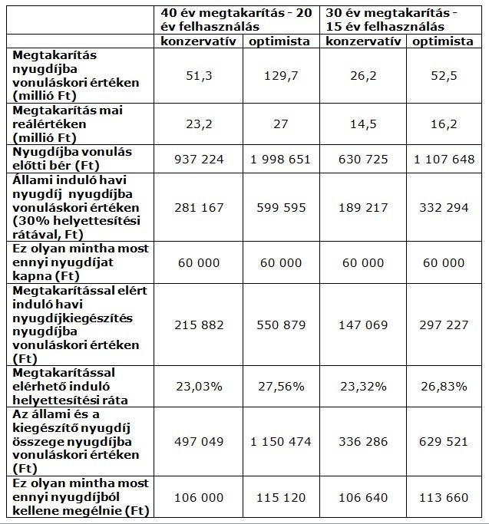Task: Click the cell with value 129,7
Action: coord(281,76)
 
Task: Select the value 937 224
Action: coord(199,159)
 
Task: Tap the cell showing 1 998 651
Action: coord(281,159)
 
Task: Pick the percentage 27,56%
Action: coord(281,387)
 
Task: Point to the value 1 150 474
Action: coord(281,441)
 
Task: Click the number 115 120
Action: coord(281,498)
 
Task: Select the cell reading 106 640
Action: coord(363,498)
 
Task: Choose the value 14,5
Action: coord(363,124)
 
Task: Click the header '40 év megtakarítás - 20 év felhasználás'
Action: coord(236,20)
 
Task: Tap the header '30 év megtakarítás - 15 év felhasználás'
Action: coord(392,20)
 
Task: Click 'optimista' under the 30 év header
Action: coord(443,41)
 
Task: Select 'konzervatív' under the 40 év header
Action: coord(198,41)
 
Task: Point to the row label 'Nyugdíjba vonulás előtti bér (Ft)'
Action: coord(72,159)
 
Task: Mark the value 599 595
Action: coord(281,207)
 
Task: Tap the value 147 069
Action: coord(363,325)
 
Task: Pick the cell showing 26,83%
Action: coord(444,387)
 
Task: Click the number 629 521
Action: coord(444,441)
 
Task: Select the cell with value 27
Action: coord(281,124)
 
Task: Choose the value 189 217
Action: coord(363,207)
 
